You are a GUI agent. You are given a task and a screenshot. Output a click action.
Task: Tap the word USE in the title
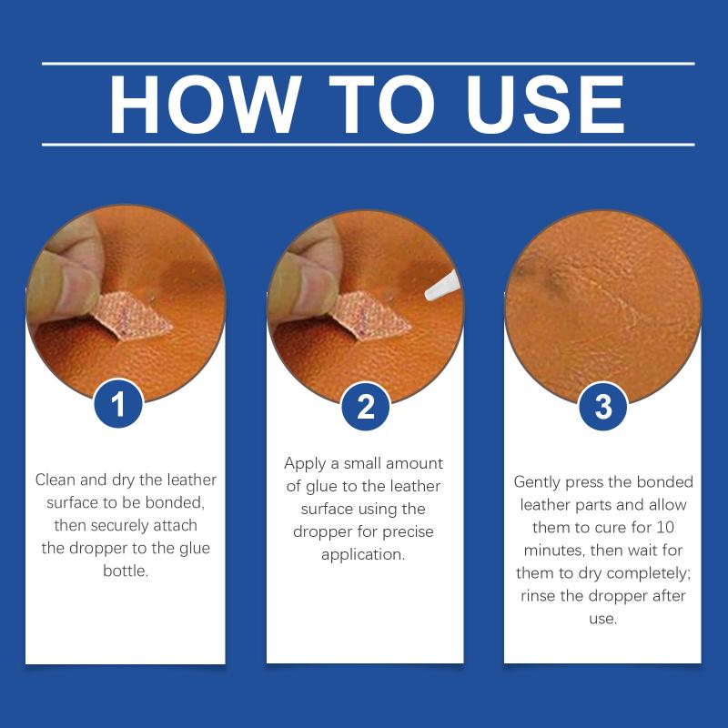point(545,105)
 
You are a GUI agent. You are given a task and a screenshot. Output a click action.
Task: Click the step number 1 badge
point(118,403)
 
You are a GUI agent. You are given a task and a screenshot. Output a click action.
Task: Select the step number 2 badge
point(366,406)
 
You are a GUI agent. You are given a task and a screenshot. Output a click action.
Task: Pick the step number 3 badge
point(603,406)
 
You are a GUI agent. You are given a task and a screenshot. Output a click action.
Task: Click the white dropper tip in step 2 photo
point(441,286)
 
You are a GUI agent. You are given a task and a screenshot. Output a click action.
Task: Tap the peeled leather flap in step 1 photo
point(134,316)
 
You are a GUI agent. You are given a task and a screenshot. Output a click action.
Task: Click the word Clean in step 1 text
point(56,480)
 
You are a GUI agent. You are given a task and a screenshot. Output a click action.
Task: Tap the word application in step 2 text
point(363,555)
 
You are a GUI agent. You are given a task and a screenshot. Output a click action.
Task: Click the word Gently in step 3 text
point(537,483)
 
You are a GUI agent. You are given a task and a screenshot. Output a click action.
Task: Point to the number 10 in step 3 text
point(665,528)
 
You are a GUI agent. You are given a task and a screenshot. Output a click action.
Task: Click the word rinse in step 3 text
point(538,596)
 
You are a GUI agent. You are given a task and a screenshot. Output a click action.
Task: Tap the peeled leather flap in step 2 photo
point(371,316)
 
